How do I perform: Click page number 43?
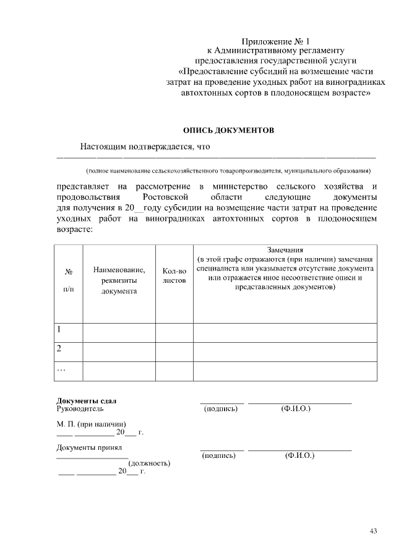[x=373, y=531]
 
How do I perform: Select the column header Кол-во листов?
[x=174, y=275]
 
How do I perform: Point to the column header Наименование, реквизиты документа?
[x=119, y=280]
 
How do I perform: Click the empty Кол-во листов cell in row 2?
[x=174, y=350]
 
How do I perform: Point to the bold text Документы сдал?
[x=86, y=400]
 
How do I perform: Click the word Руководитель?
[x=80, y=408]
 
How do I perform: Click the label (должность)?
[x=148, y=463]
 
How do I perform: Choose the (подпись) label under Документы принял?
[x=220, y=455]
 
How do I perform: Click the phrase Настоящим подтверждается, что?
[x=145, y=147]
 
